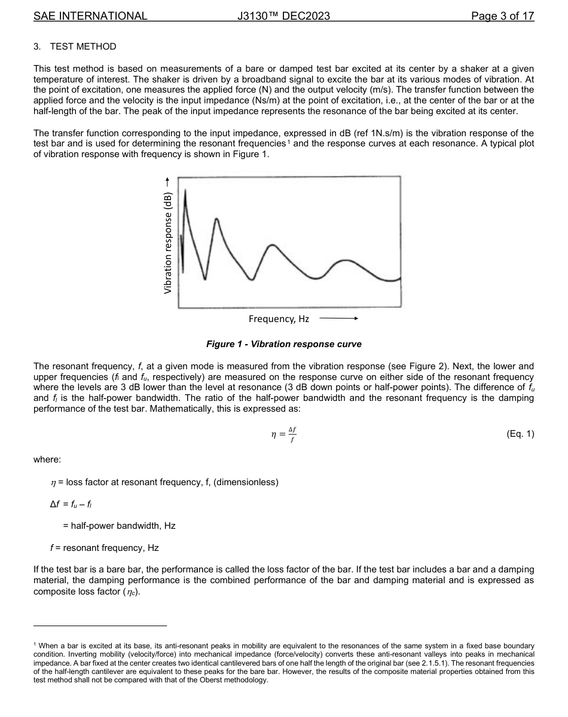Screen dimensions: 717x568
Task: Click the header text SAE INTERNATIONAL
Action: point(90,16)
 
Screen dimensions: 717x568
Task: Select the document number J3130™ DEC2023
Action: point(283,16)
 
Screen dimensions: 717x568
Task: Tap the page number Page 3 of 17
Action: point(502,16)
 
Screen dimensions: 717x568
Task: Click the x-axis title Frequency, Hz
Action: point(279,319)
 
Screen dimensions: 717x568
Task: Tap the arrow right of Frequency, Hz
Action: point(338,319)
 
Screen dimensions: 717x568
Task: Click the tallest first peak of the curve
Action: point(185,191)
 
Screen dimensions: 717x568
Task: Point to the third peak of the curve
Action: point(272,245)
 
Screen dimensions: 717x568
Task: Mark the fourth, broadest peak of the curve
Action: point(344,261)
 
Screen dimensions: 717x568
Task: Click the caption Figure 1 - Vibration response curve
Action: point(283,344)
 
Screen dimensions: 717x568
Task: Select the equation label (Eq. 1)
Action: point(520,434)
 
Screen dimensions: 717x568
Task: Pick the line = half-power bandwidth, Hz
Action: point(119,526)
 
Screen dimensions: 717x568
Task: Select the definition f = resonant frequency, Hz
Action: point(105,548)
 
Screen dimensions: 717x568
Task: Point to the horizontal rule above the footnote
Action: point(100,626)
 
